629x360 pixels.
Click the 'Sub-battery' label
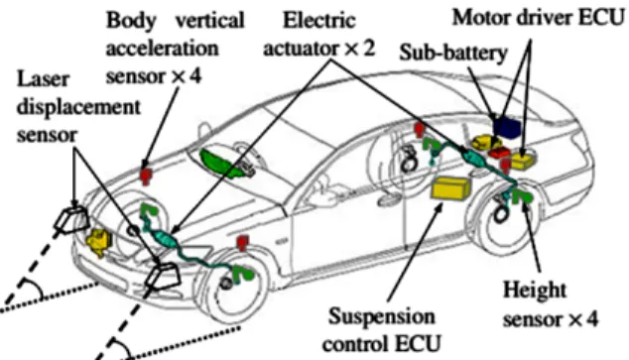pos(453,53)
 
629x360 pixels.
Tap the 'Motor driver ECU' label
pos(538,18)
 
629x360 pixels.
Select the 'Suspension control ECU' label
pos(382,329)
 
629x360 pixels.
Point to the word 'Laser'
pos(43,79)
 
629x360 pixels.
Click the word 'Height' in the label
pos(535,290)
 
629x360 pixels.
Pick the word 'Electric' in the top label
pos(319,20)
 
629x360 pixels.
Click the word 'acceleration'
pos(162,49)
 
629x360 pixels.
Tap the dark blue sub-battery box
pos(507,127)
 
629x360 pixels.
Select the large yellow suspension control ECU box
pos(450,187)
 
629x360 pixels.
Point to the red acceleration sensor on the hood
pos(146,176)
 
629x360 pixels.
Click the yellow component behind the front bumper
pos(99,241)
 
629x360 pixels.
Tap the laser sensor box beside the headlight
pos(71,220)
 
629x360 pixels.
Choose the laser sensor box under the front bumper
pos(163,276)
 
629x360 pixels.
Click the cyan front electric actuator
pos(166,239)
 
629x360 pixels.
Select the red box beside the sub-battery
pos(499,153)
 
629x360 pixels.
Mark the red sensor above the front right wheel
pos(242,243)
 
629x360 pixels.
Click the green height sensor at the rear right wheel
pos(523,196)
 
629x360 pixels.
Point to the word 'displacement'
pos(78,107)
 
